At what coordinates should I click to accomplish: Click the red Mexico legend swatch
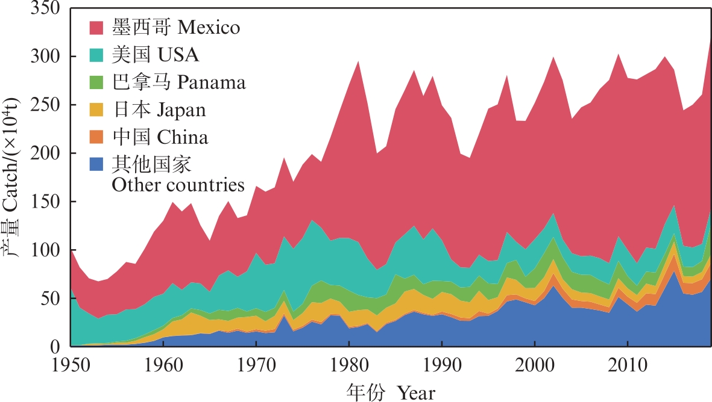pyautogui.click(x=98, y=28)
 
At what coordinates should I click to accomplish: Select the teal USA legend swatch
pyautogui.click(x=98, y=55)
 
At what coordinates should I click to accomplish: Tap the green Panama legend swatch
pyautogui.click(x=98, y=82)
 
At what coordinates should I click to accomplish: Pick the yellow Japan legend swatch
pyautogui.click(x=98, y=110)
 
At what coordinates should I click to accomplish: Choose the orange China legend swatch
pyautogui.click(x=98, y=137)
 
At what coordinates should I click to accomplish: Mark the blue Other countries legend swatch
pyautogui.click(x=98, y=164)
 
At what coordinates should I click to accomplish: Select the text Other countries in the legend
pyautogui.click(x=178, y=184)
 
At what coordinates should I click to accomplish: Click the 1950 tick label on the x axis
pyautogui.click(x=71, y=366)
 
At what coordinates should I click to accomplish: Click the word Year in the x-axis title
pyautogui.click(x=415, y=392)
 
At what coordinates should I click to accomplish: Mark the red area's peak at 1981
pyautogui.click(x=359, y=61)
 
